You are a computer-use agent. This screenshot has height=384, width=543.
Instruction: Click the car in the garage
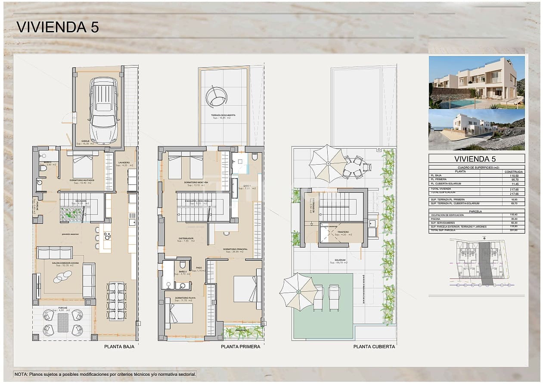point(103,110)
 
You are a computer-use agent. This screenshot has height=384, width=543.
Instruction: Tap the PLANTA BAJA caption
point(119,347)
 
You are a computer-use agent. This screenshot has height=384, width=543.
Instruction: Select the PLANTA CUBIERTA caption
point(374,347)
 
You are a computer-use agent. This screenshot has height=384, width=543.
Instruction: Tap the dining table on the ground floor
point(116,300)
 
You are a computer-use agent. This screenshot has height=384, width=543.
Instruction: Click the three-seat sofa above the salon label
point(54,253)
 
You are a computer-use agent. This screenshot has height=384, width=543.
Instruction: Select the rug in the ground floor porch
point(63,322)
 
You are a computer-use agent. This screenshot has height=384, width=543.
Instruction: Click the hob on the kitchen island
point(107,236)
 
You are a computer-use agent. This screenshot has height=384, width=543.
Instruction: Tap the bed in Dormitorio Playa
point(180,313)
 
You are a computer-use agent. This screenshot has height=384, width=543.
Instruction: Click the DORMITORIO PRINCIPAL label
point(235,250)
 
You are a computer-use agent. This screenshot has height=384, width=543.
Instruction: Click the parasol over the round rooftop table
point(328,164)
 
